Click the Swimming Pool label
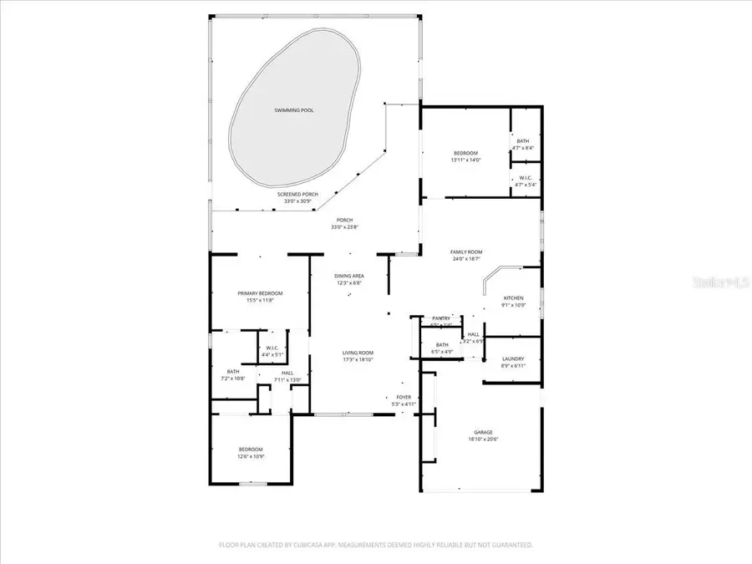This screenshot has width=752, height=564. coord(294,109)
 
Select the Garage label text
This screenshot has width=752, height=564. coord(484,432)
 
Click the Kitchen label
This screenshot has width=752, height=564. coord(513,297)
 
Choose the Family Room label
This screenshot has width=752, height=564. coord(466,252)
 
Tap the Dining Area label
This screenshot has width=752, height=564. coord(349,276)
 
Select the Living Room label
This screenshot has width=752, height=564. coord(358,353)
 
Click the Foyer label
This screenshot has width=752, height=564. coord(404,397)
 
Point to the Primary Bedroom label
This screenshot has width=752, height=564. coord(260,293)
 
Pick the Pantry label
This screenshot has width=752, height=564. coord(441,318)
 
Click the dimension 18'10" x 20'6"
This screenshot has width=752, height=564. coord(484,440)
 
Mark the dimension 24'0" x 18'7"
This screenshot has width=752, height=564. coord(466,259)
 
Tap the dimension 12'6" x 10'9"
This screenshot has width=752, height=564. coord(250,456)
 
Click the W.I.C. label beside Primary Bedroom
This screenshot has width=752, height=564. coord(272,348)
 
